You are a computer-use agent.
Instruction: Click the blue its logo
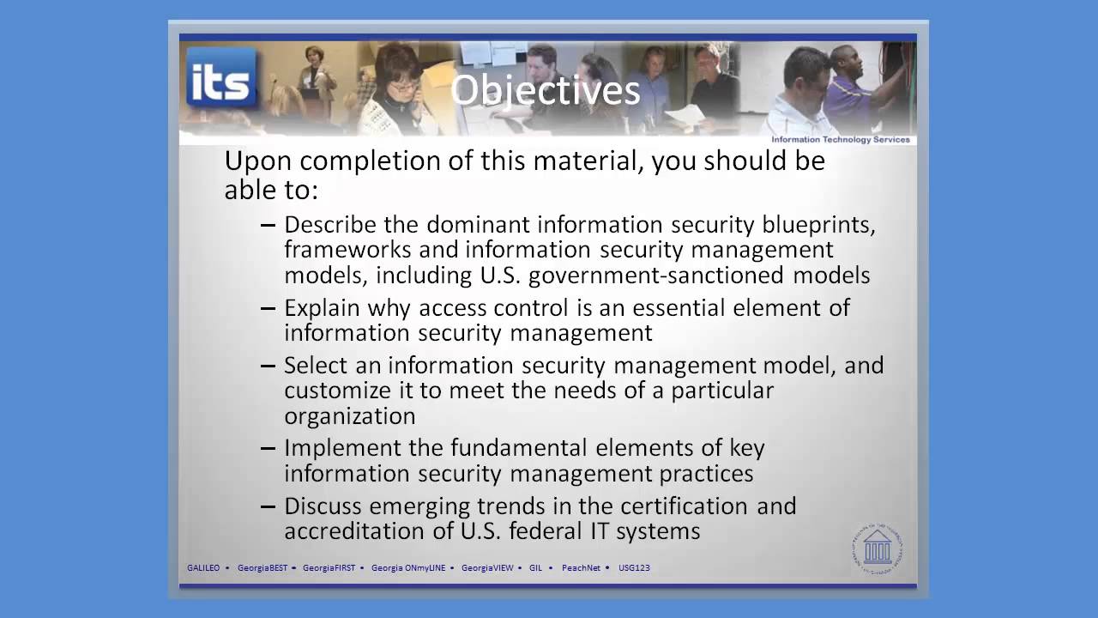(221, 79)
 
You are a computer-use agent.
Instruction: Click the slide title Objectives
(545, 90)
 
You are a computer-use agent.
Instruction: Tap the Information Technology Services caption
(840, 139)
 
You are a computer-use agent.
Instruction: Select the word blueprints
(818, 225)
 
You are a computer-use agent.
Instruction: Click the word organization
(349, 416)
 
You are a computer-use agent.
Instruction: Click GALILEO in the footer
(203, 567)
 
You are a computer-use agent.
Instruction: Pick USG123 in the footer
(634, 567)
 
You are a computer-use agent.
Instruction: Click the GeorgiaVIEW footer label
(487, 567)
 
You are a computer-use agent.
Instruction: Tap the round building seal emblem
(877, 547)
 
